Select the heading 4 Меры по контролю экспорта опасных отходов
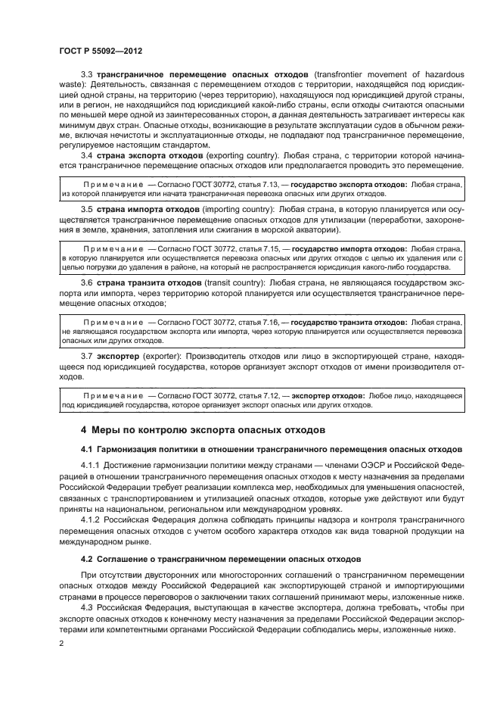tap(203, 429)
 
